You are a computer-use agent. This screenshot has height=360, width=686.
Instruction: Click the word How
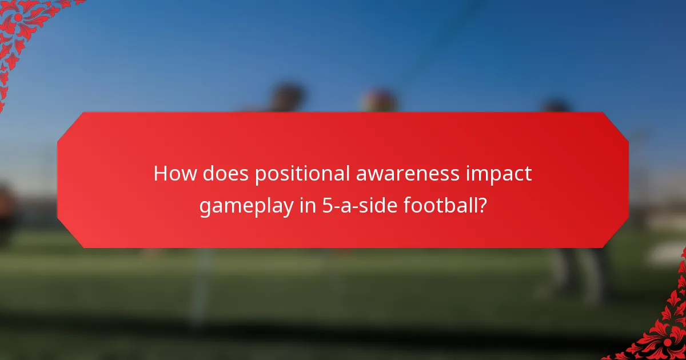pyautogui.click(x=172, y=174)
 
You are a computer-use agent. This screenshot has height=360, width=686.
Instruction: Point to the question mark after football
pyautogui.click(x=483, y=205)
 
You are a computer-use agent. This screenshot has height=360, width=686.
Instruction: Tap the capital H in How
pyautogui.click(x=160, y=174)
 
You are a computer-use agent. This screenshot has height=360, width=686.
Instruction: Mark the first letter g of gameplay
pyautogui.click(x=205, y=207)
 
